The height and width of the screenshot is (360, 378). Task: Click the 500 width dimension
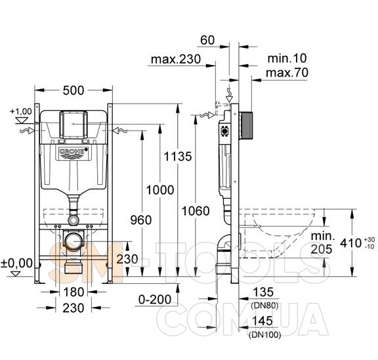pos(73,90)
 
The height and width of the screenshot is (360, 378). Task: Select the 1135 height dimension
pos(178,156)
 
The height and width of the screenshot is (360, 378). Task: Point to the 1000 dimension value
pos(160,190)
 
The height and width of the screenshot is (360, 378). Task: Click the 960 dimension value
pos(141,220)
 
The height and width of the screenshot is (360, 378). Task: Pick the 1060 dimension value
pos(196,211)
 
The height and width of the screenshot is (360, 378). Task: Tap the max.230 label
pos(176,59)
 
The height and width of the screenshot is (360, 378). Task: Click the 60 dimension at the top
pos(207,40)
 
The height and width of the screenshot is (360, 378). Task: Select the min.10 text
pos(287,58)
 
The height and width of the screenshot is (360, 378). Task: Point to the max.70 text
pos(287,73)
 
